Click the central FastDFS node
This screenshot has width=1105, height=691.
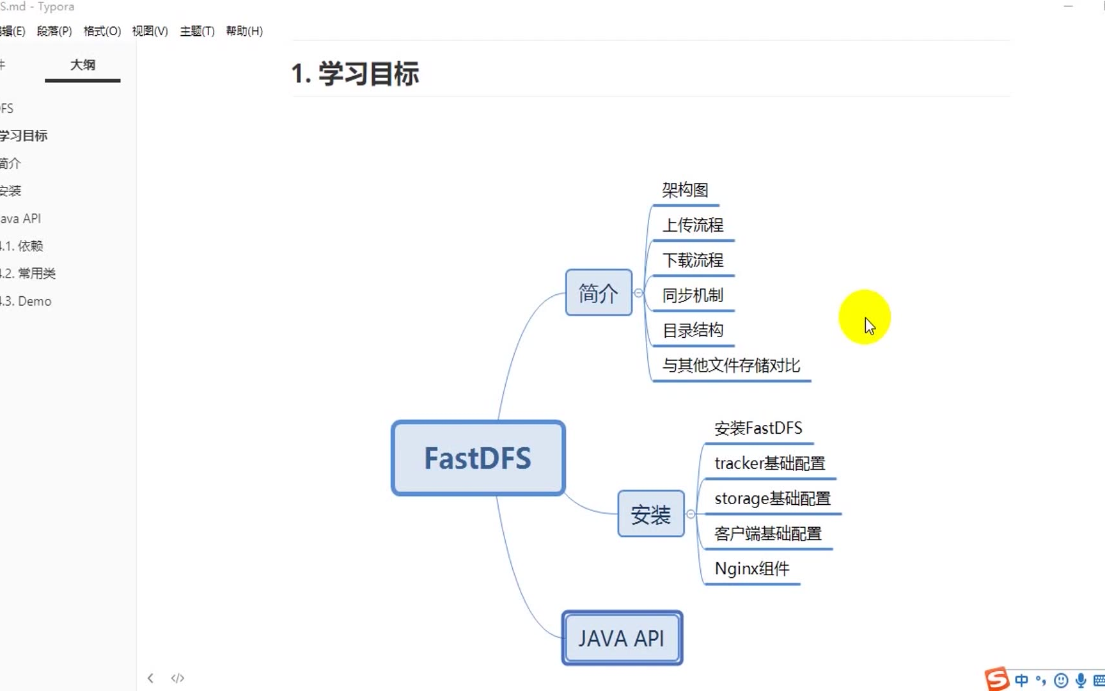click(x=478, y=458)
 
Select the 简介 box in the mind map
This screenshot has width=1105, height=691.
click(x=599, y=293)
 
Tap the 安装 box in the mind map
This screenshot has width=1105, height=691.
click(x=650, y=514)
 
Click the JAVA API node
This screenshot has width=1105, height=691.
click(x=622, y=638)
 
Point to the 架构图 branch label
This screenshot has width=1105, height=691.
click(x=685, y=190)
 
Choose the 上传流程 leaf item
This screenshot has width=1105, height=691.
click(x=693, y=225)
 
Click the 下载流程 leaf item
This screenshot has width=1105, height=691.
click(x=693, y=260)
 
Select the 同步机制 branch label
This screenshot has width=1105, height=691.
click(x=693, y=296)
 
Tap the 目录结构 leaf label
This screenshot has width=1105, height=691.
click(x=693, y=331)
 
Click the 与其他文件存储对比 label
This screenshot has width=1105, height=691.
click(x=731, y=366)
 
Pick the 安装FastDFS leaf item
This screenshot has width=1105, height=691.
click(x=758, y=428)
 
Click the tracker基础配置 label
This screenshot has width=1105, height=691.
click(x=769, y=463)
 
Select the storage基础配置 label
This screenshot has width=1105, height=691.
click(x=772, y=498)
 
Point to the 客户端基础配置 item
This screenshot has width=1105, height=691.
click(x=767, y=534)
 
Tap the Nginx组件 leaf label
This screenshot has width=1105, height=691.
click(x=751, y=569)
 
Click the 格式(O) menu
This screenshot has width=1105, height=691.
click(x=102, y=31)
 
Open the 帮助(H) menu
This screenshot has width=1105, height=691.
click(x=244, y=31)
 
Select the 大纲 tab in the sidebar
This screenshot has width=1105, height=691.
click(x=82, y=65)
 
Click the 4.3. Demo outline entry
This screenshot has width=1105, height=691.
click(x=27, y=301)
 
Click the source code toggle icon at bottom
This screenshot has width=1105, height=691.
click(x=178, y=678)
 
